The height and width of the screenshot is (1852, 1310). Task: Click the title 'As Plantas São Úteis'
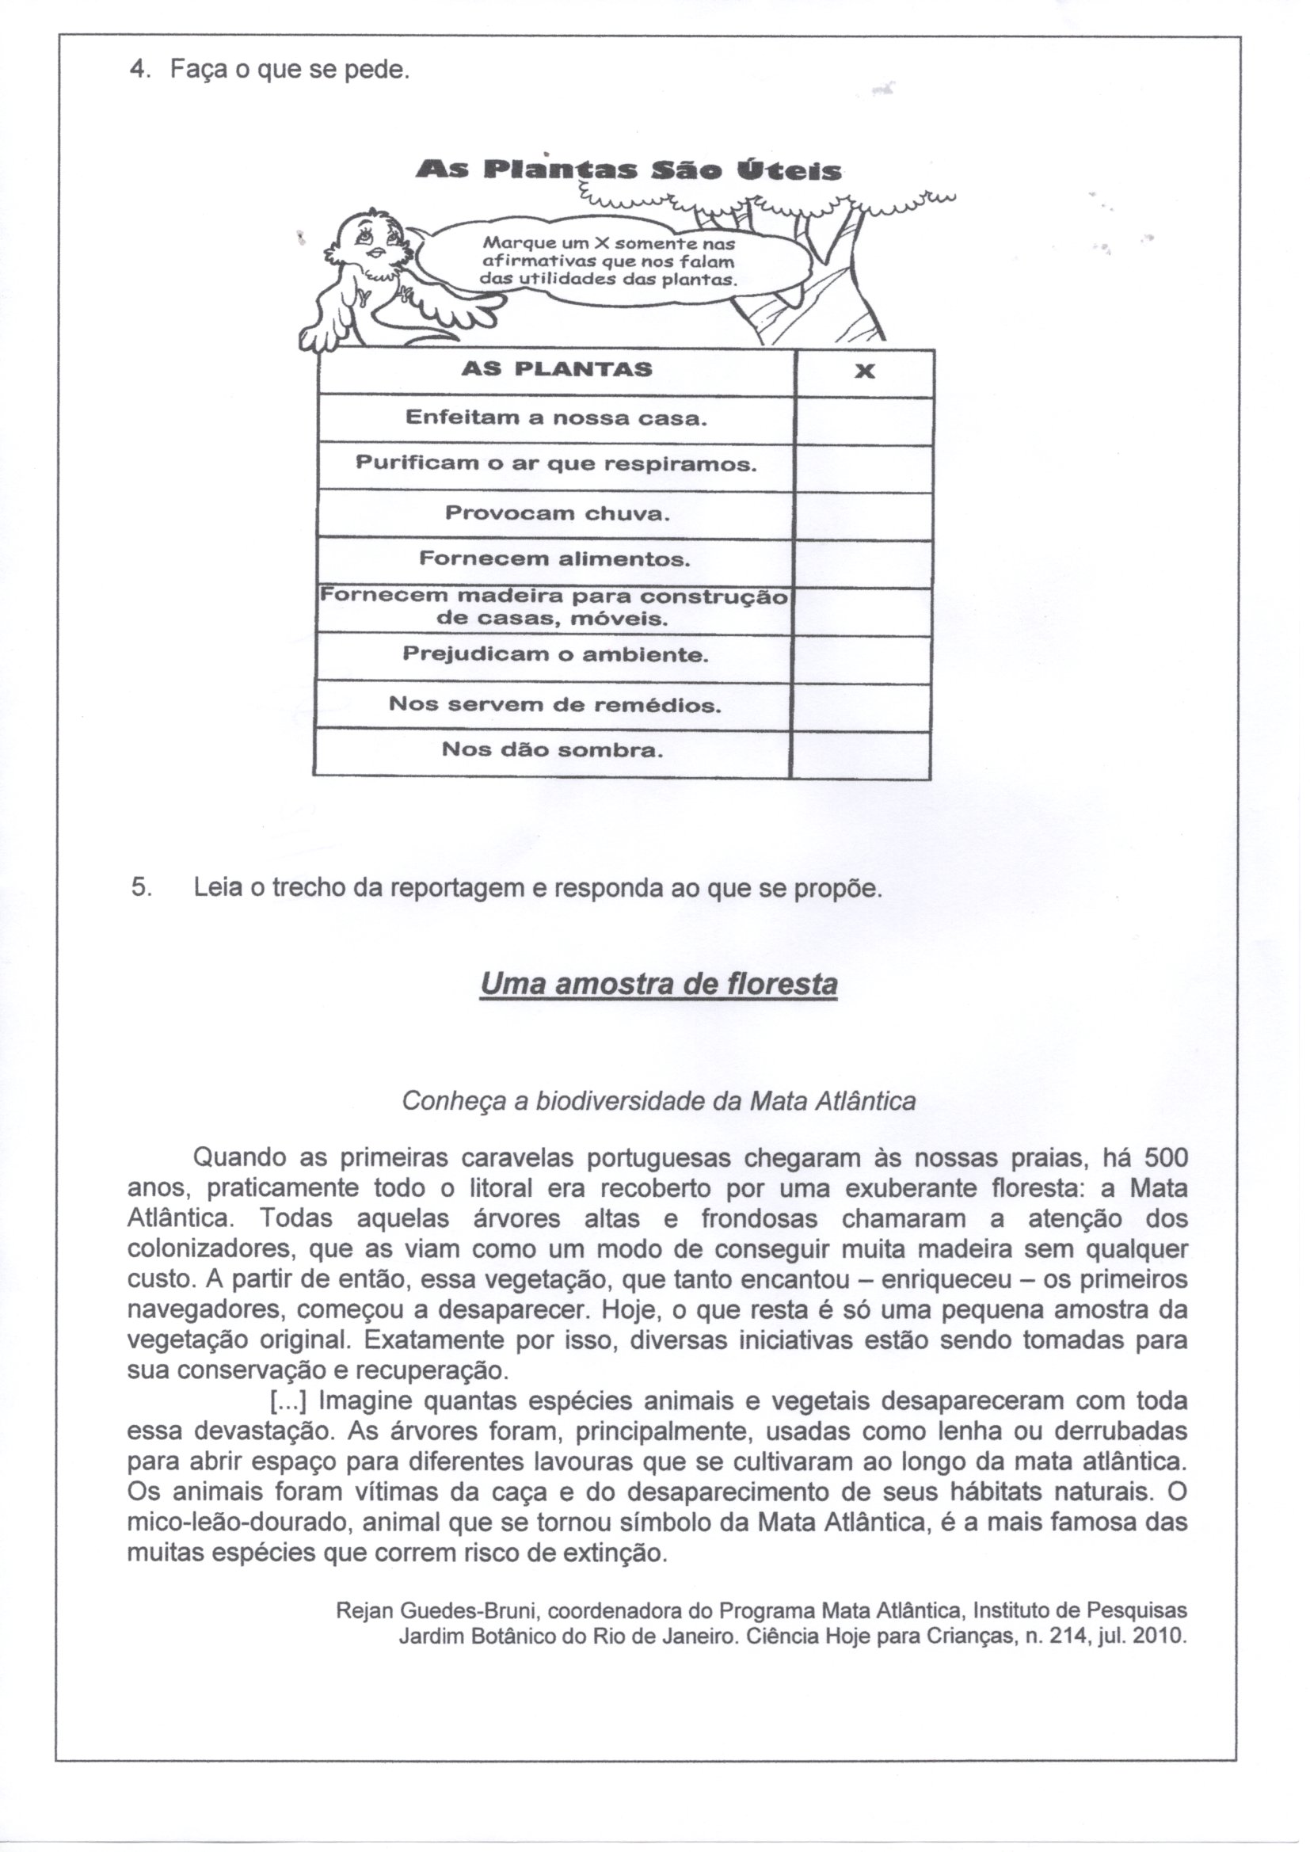click(628, 170)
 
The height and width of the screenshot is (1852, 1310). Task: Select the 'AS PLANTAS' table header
click(557, 370)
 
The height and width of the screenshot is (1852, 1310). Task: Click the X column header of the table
click(864, 372)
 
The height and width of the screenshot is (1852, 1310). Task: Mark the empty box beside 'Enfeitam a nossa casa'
click(864, 420)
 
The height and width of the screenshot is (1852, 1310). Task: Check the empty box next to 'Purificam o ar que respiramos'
click(864, 467)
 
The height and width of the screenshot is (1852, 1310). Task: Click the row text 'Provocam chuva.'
click(558, 513)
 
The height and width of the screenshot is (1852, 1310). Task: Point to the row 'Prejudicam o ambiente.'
click(555, 655)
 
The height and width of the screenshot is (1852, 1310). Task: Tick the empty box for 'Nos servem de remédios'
click(862, 705)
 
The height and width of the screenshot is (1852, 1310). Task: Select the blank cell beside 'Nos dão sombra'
click(860, 752)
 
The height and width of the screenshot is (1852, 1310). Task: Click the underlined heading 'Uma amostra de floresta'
click(658, 984)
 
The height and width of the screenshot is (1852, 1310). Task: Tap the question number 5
click(139, 888)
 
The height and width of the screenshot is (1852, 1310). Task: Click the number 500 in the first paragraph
click(1166, 1159)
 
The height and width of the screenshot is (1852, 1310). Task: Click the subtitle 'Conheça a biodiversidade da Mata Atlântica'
click(658, 1102)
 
